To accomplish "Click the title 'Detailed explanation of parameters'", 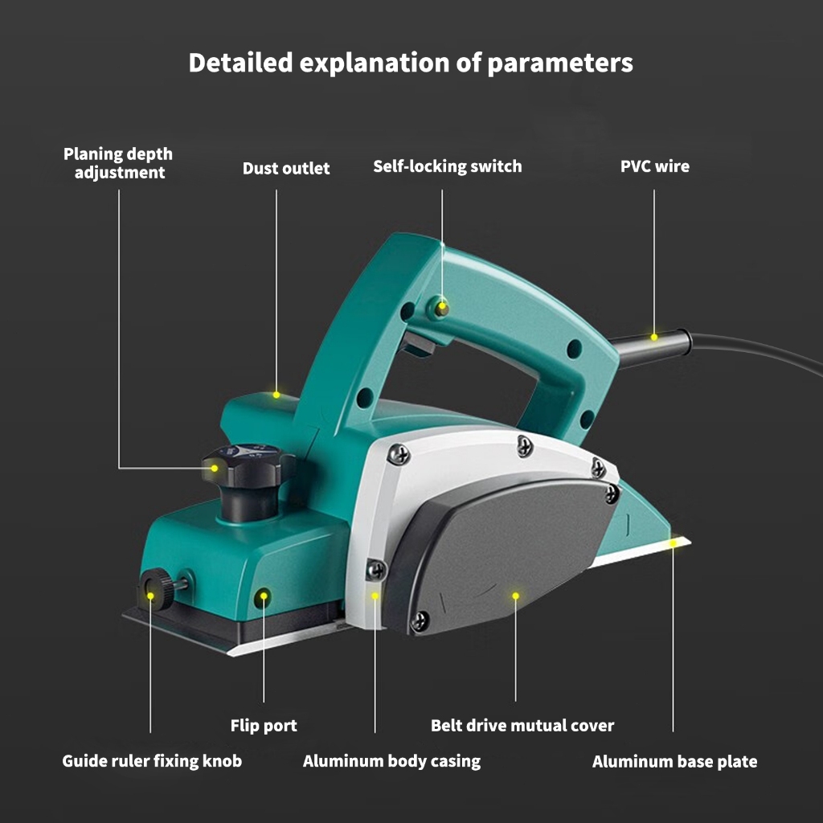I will click(411, 63).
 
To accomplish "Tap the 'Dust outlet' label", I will click(286, 168).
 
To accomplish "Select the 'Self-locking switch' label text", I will click(447, 166).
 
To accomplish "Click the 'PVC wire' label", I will click(654, 166).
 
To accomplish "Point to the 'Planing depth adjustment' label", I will click(119, 162).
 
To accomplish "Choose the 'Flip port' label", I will click(264, 726).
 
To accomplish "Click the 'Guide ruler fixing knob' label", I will click(152, 760).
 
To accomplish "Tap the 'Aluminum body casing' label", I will click(391, 761).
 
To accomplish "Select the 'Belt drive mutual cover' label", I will click(522, 726).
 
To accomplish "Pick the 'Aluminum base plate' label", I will click(674, 761).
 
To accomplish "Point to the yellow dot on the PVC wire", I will click(654, 337).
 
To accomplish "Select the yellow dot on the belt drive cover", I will click(516, 596).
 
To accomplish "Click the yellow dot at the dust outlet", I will click(276, 395).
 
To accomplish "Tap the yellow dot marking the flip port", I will click(264, 596).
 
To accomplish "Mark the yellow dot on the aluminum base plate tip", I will click(674, 544).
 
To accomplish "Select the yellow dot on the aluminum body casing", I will click(375, 596).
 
